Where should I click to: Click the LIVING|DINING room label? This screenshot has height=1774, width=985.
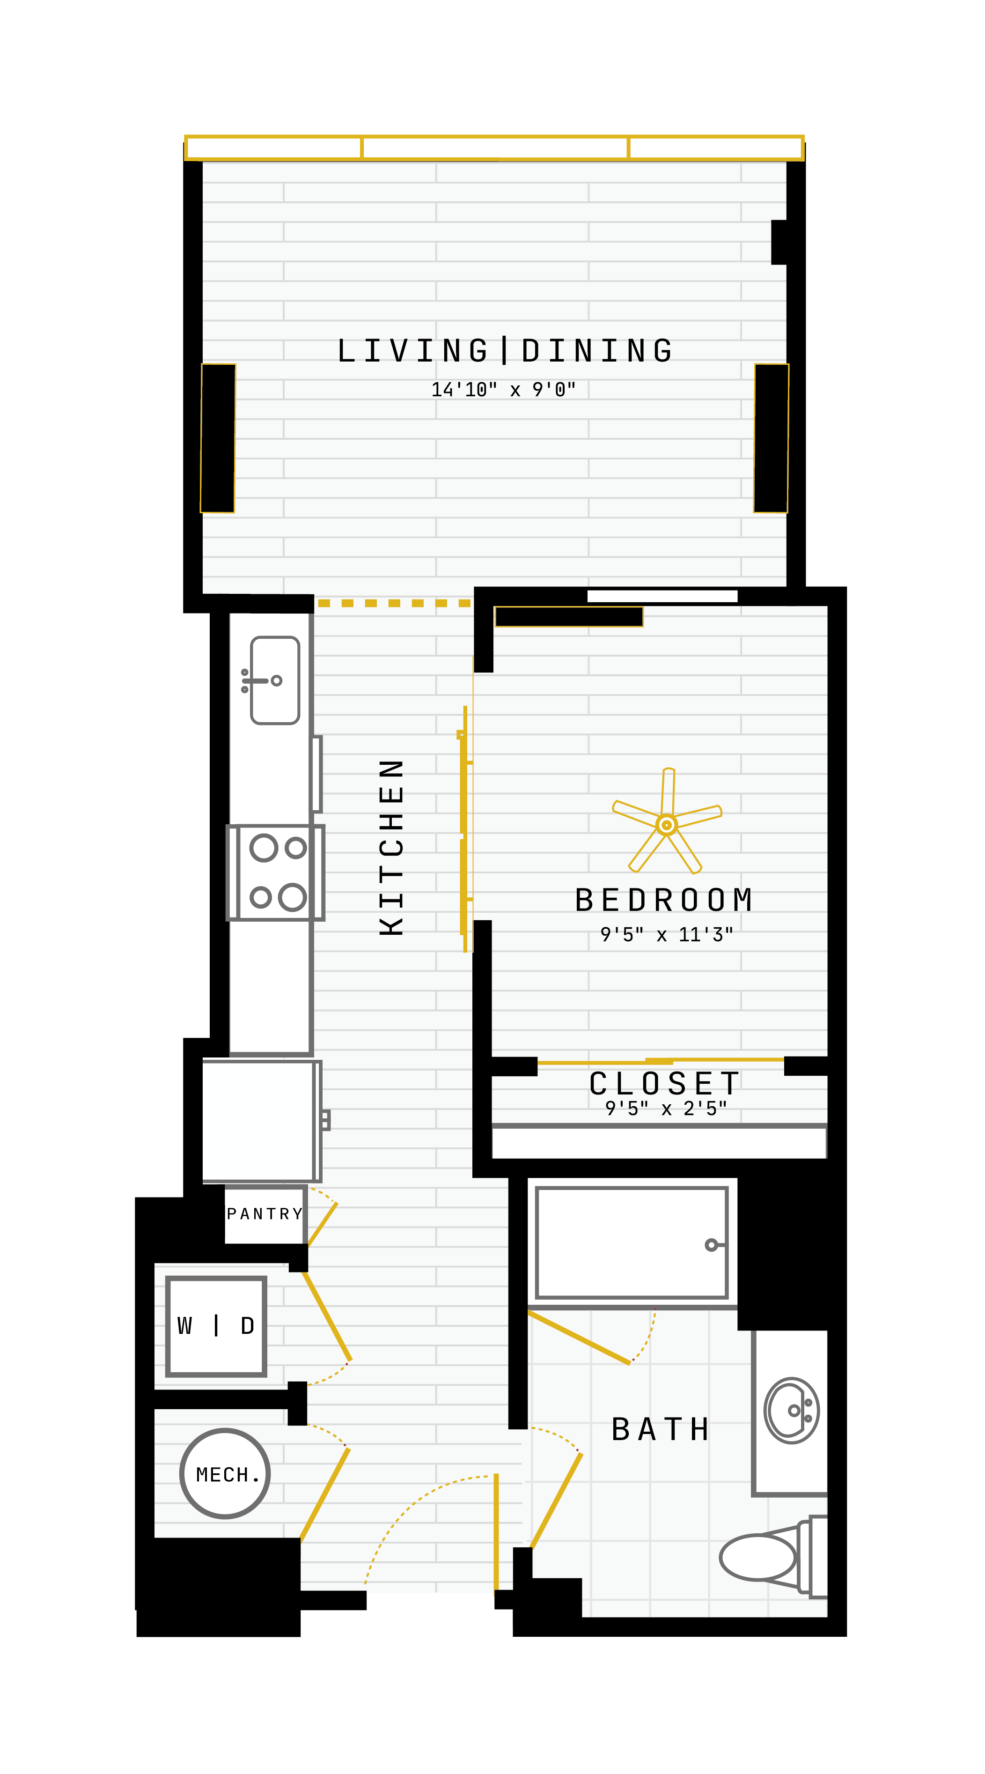(505, 350)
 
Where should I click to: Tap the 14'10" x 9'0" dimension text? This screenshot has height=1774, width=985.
(503, 390)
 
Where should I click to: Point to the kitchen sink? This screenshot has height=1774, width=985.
(275, 680)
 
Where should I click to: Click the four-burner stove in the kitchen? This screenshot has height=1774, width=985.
(275, 872)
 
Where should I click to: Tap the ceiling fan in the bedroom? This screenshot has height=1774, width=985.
(666, 821)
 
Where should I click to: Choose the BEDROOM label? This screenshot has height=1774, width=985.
(663, 900)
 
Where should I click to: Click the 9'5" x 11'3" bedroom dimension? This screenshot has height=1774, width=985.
(666, 934)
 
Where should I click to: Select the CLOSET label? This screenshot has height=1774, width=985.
(664, 1083)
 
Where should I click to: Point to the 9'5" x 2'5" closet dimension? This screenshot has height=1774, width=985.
(666, 1108)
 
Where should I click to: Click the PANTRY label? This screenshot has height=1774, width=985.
(265, 1213)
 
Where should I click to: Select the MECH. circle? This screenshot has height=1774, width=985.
(225, 1474)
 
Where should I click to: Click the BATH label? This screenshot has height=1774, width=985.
(660, 1430)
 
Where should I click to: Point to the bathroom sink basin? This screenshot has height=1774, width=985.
(792, 1411)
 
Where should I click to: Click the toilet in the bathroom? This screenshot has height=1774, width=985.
(773, 1557)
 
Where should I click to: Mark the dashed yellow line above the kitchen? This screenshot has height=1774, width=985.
(394, 603)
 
